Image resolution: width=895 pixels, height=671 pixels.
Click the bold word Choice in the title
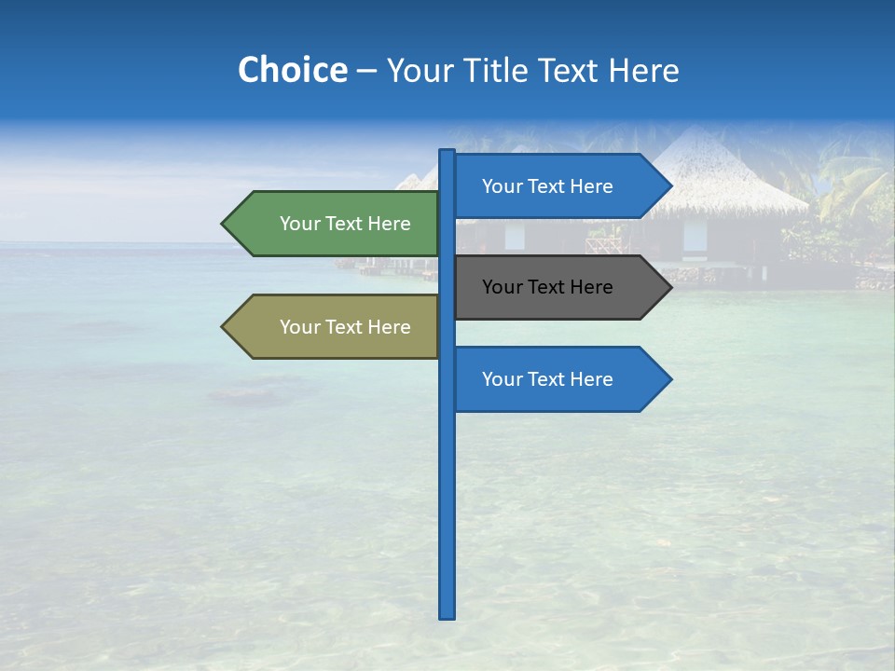click(x=292, y=71)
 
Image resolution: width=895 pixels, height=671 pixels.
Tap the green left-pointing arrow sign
click(x=336, y=224)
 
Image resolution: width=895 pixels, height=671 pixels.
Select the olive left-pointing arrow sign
click(x=336, y=327)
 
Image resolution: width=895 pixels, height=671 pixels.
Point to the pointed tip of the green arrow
click(x=224, y=224)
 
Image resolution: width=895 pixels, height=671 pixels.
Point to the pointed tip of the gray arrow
click(x=669, y=287)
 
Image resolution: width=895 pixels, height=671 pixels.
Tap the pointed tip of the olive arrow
click(x=224, y=327)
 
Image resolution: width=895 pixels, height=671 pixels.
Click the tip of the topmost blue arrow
click(x=669, y=186)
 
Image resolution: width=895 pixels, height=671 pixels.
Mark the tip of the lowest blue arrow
click(x=669, y=379)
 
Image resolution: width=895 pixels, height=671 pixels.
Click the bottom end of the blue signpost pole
click(x=447, y=615)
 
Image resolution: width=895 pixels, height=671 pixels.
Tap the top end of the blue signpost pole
click(x=447, y=153)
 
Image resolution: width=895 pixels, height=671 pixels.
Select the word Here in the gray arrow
click(x=589, y=287)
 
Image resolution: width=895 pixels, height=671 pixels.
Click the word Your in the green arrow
click(x=299, y=224)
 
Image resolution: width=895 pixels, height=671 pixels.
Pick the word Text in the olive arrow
click(x=344, y=327)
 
